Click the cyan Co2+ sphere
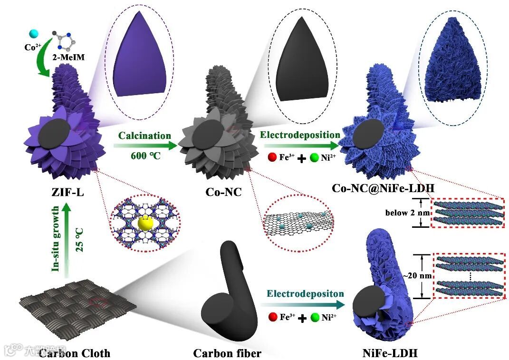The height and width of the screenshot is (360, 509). pos(33,33)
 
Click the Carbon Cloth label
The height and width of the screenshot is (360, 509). pos(75,353)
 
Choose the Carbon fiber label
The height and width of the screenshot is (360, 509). pos(227,353)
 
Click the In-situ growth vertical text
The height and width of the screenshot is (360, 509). pos(56,239)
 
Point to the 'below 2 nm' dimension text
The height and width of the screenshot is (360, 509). pos(401,213)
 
